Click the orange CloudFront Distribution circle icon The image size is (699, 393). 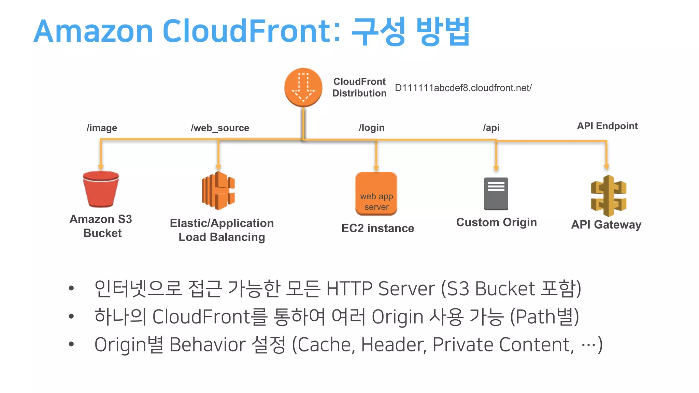(303, 87)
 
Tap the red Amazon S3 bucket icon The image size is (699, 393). (101, 189)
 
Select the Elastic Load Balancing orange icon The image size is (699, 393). (218, 190)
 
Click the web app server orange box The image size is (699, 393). (376, 193)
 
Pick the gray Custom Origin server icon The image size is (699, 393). (496, 193)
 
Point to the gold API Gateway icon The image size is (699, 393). (609, 196)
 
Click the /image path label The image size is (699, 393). (102, 128)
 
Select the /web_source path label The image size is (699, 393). (220, 128)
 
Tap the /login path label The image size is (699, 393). (371, 128)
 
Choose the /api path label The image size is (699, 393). (491, 128)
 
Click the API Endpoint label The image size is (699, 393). (607, 126)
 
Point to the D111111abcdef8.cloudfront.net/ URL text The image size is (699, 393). (463, 88)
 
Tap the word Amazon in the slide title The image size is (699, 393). (93, 31)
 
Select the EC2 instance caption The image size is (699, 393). (377, 228)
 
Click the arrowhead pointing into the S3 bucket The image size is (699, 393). (101, 167)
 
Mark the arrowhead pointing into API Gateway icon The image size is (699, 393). (606, 167)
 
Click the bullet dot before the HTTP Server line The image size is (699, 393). (71, 289)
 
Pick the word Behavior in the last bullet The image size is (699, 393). (208, 345)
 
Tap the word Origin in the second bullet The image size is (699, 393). (397, 317)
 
